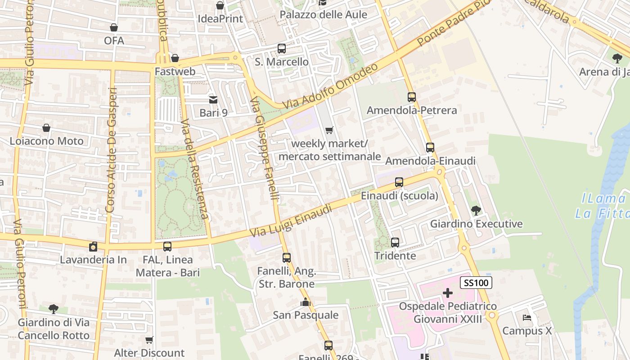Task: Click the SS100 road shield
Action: pyautogui.click(x=476, y=283)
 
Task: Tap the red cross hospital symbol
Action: pyautogui.click(x=447, y=293)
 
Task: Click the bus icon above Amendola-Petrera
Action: pyautogui.click(x=411, y=97)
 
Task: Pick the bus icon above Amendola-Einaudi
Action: pyautogui.click(x=430, y=147)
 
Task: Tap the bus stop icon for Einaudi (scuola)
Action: pyautogui.click(x=399, y=182)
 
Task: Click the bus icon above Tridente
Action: pyautogui.click(x=395, y=243)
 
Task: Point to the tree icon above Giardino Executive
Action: pyautogui.click(x=476, y=210)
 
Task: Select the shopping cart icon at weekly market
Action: pyautogui.click(x=329, y=130)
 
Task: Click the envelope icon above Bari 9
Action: pyautogui.click(x=213, y=99)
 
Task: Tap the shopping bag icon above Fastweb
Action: pyautogui.click(x=175, y=58)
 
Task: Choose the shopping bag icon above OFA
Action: pyautogui.click(x=114, y=27)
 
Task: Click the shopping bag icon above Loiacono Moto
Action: pyautogui.click(x=46, y=128)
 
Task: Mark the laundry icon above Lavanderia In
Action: pyautogui.click(x=93, y=247)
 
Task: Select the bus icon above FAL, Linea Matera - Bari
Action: pyautogui.click(x=167, y=247)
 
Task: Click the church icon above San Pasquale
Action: pyautogui.click(x=306, y=302)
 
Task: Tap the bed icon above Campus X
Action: pyautogui.click(x=526, y=318)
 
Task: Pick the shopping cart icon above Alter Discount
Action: pyautogui.click(x=149, y=340)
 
